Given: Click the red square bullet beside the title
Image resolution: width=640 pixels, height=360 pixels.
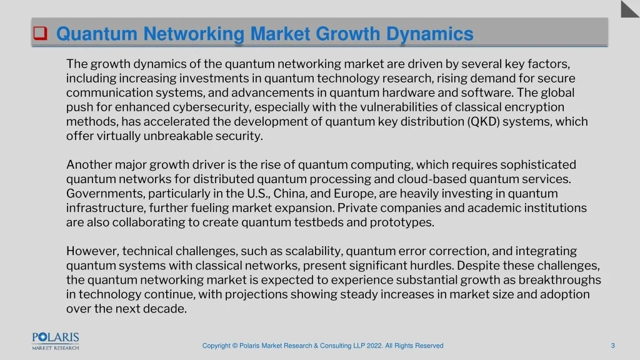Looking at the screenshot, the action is (40, 33).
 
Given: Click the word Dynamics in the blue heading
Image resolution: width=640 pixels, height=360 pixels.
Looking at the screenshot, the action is (430, 34).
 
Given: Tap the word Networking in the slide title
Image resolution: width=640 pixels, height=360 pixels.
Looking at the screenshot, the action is (194, 34).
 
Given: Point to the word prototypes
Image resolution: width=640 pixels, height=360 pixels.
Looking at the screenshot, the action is (402, 223).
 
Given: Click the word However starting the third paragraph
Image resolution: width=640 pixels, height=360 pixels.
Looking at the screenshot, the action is (92, 251).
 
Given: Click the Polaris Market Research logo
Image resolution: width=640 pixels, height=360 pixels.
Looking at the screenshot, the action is (56, 341).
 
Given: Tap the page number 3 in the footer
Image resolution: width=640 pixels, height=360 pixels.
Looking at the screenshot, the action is (612, 346).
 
